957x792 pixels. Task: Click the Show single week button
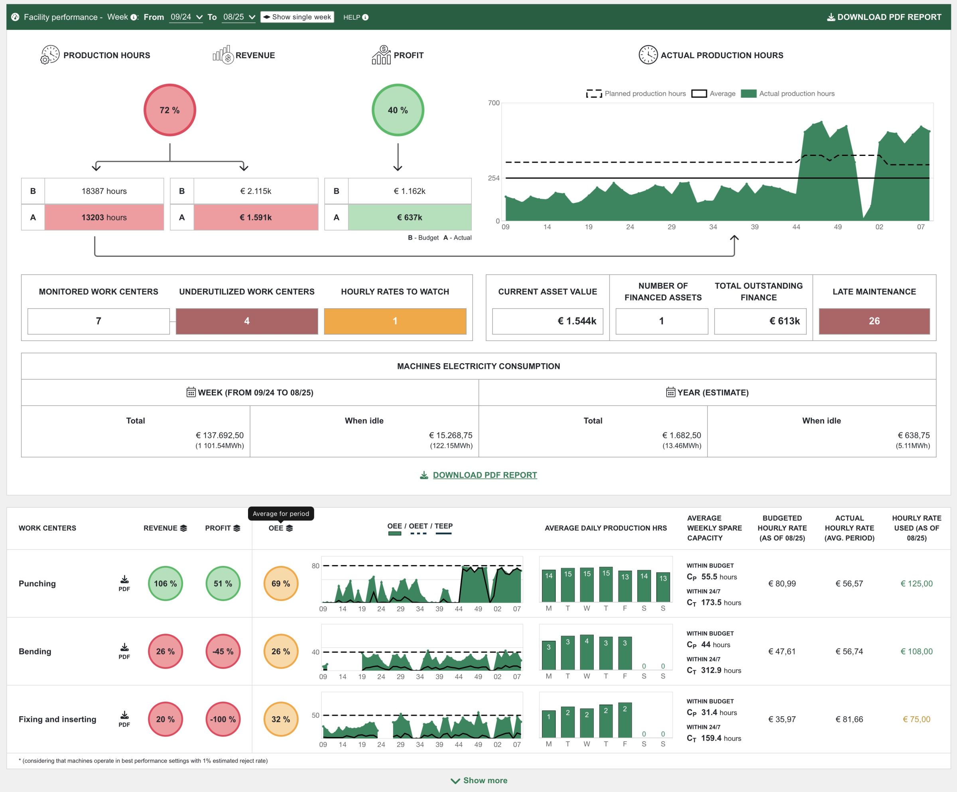point(297,17)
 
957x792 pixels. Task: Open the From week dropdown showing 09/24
point(186,17)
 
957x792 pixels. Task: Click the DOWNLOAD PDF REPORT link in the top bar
point(884,17)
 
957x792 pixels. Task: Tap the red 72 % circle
point(169,110)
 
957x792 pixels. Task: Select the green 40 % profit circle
point(398,110)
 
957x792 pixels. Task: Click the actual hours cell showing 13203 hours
point(104,217)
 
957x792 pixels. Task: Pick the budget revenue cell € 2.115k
point(256,191)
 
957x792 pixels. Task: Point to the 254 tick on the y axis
point(494,178)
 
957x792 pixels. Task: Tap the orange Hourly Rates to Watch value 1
point(395,321)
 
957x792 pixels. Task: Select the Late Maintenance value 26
point(874,321)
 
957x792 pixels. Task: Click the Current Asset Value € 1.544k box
point(547,321)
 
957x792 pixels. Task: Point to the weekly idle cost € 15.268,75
point(450,435)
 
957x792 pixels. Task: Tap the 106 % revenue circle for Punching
point(165,583)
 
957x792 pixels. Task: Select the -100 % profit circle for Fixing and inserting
point(223,719)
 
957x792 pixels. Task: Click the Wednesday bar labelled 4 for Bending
point(587,652)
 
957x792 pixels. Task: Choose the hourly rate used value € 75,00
point(916,719)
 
